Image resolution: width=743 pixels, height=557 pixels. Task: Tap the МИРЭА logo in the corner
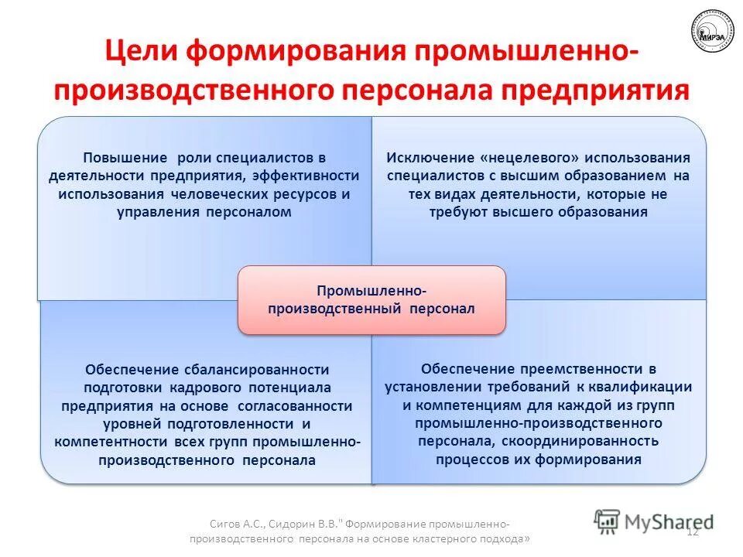[x=708, y=32]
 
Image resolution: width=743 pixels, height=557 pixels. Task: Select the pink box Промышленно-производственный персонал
[x=371, y=300]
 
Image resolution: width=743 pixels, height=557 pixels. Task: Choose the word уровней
[x=128, y=424]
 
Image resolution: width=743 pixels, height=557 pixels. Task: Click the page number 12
[x=692, y=531]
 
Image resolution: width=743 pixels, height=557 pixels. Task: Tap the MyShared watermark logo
[x=654, y=521]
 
